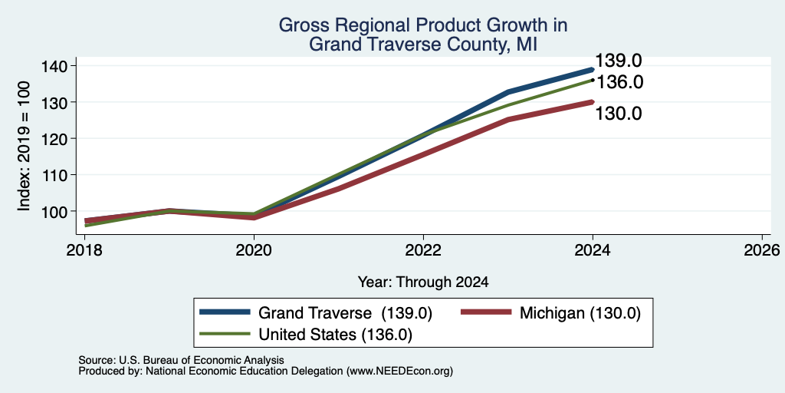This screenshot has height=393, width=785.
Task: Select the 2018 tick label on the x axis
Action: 85,249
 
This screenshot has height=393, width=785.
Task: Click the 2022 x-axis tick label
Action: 423,249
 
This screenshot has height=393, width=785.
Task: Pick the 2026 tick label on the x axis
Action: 762,249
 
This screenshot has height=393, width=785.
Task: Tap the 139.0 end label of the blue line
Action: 619,61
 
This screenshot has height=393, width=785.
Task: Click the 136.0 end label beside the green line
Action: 619,82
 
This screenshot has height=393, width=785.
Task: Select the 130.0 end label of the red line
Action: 619,114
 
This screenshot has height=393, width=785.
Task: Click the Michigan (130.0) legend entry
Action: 580,313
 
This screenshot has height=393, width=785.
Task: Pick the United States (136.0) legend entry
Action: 336,335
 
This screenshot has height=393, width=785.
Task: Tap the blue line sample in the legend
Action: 225,313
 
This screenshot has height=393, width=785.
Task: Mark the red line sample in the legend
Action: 485,313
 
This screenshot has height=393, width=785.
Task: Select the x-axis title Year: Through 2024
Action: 423,282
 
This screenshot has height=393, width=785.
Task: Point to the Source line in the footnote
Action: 181,360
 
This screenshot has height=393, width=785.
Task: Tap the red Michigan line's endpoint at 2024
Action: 593,102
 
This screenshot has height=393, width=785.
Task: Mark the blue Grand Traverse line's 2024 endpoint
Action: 593,70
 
